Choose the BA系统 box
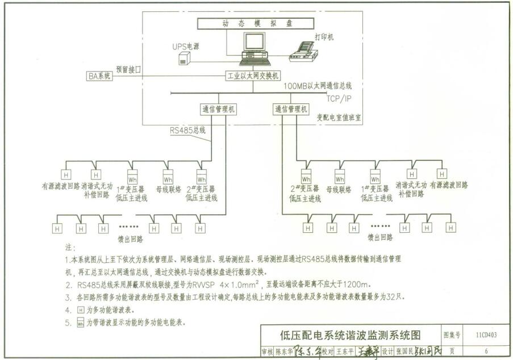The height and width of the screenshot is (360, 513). (99, 76)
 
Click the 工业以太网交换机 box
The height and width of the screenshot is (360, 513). (253, 76)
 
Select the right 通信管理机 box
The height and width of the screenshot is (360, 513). (291, 109)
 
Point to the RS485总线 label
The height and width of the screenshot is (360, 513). (187, 129)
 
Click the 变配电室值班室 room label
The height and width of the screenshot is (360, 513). (339, 117)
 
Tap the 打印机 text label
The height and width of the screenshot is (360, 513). (324, 37)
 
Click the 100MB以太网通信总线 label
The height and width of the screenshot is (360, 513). (318, 86)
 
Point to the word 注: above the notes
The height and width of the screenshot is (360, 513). (70, 248)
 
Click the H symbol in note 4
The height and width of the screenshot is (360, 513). (80, 310)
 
